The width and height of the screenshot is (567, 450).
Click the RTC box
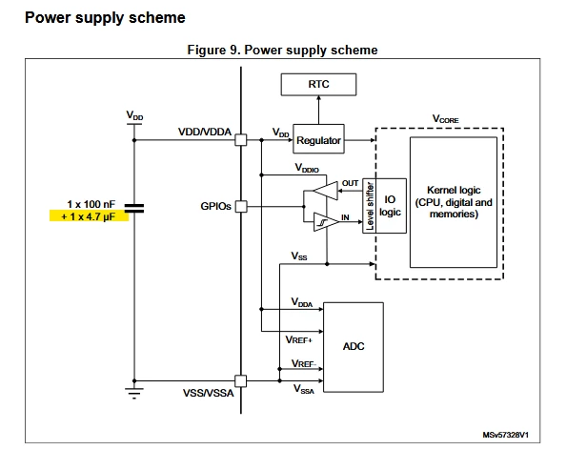click(318, 84)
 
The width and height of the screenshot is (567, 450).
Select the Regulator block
click(318, 139)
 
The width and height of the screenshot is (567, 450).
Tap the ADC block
click(354, 347)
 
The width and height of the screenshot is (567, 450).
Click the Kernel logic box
click(454, 202)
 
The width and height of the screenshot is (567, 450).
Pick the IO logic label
click(390, 206)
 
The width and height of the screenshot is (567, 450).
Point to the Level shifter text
click(370, 206)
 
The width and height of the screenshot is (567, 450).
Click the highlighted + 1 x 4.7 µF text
click(89, 216)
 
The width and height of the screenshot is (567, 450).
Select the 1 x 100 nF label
click(91, 204)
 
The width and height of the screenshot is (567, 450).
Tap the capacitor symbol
click(134, 208)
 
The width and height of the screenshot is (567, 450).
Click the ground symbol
click(134, 393)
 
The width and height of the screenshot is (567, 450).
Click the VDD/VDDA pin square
click(241, 139)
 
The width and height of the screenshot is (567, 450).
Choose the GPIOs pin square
click(241, 207)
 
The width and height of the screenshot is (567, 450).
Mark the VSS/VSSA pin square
click(241, 381)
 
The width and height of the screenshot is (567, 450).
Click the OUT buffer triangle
click(326, 191)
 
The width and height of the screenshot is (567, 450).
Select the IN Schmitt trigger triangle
click(326, 222)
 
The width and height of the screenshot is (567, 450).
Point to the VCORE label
click(446, 118)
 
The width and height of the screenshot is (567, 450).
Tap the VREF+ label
click(298, 339)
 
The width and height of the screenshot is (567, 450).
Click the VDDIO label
click(307, 168)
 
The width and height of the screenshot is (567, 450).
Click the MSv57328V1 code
click(505, 435)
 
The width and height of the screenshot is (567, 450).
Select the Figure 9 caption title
click(282, 50)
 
